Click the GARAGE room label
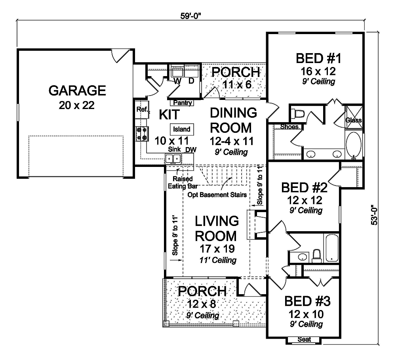point(77,91)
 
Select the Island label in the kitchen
point(182,129)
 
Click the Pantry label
point(183,103)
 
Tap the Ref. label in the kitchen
point(142,109)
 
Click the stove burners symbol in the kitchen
point(142,134)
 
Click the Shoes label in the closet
point(289,127)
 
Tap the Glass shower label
point(353,120)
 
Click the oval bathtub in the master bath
point(353,145)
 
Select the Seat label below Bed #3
point(304,339)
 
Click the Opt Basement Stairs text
point(218,195)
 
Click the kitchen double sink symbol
point(173,159)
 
